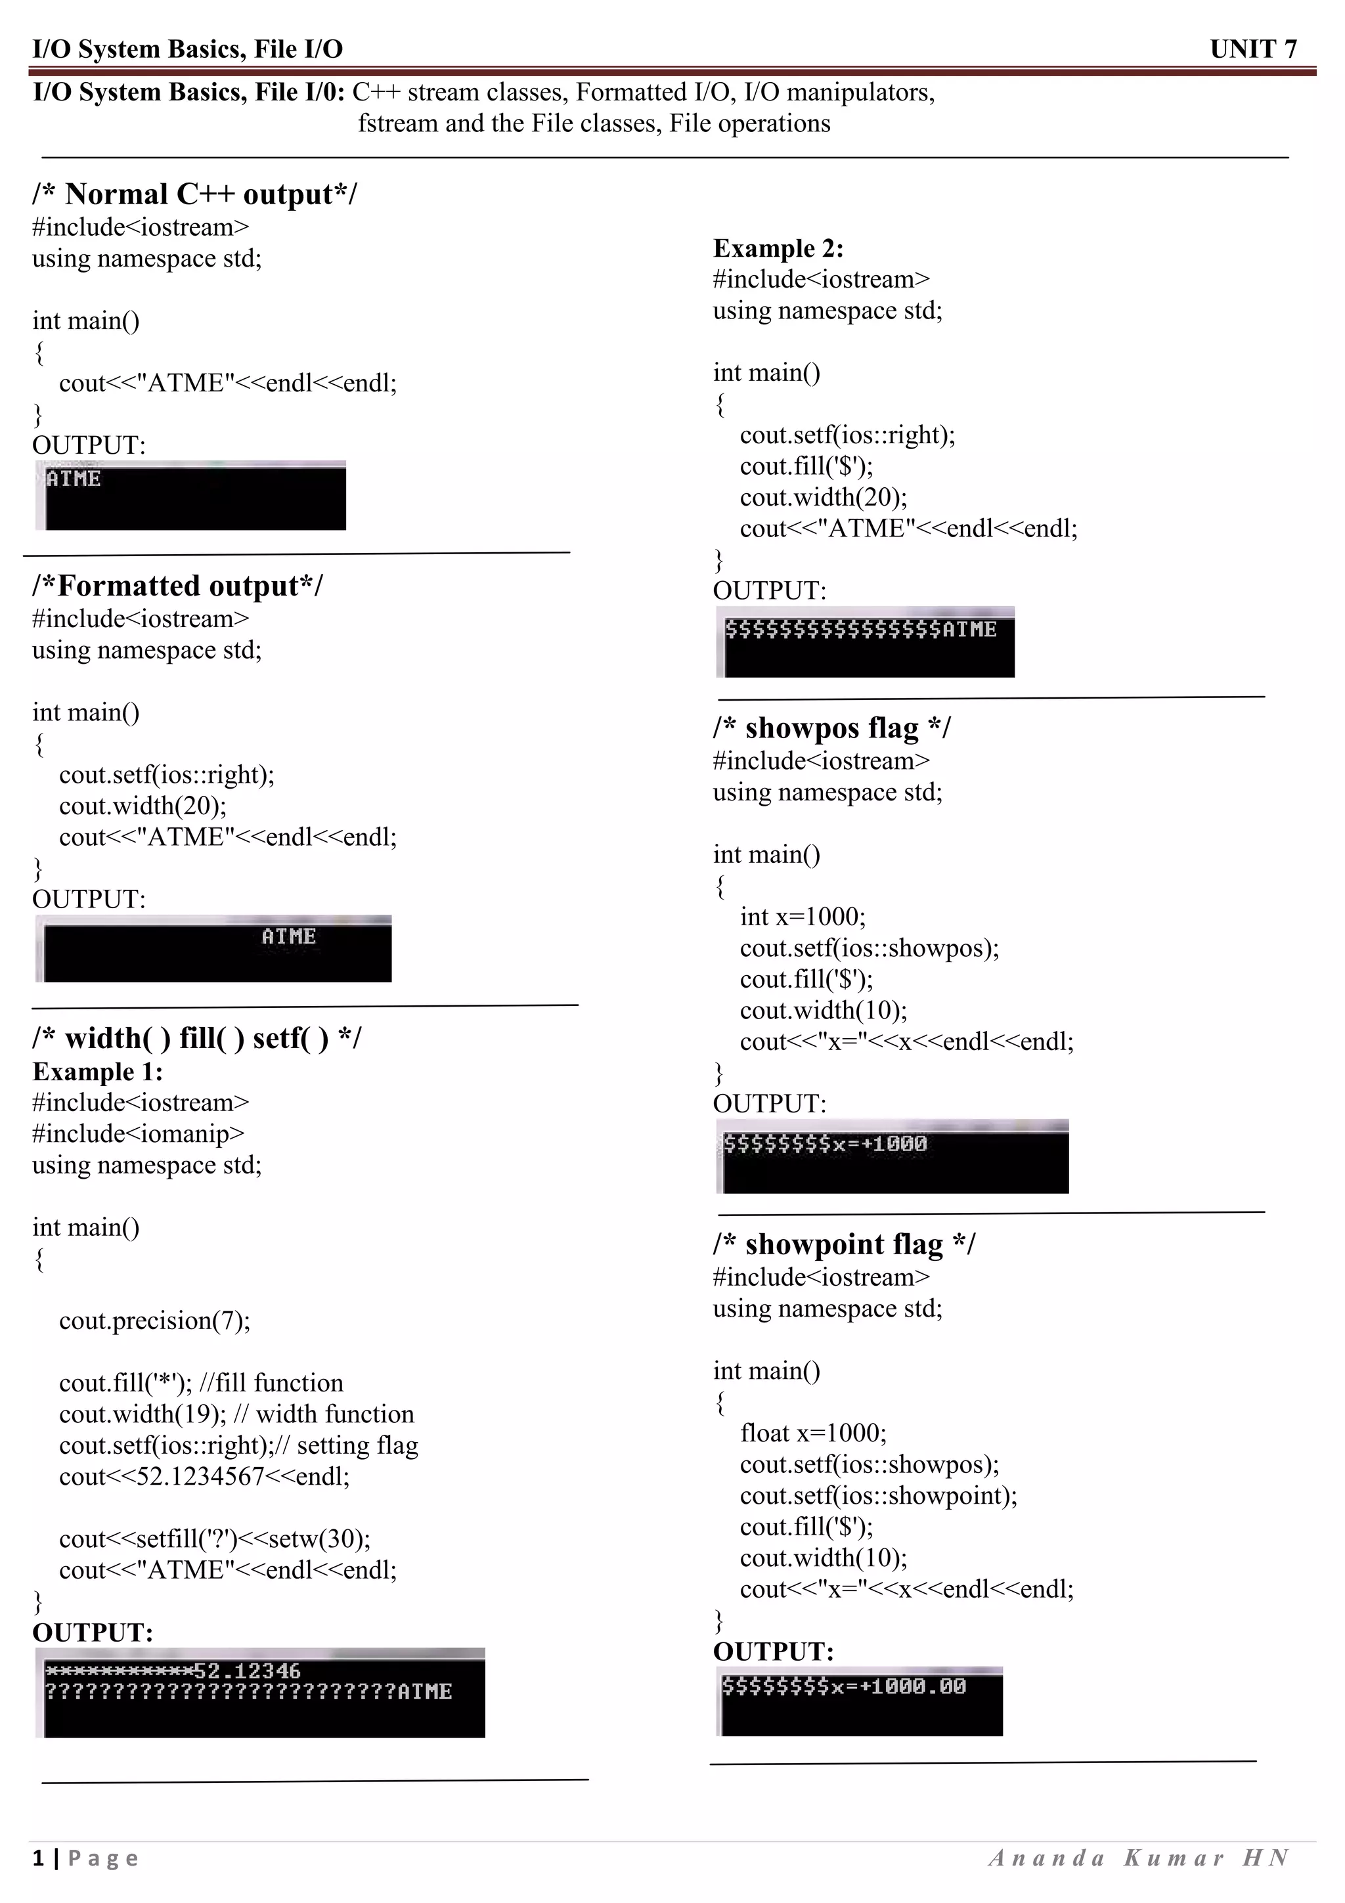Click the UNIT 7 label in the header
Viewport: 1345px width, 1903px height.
click(x=1252, y=49)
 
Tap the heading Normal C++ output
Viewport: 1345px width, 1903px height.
click(x=195, y=194)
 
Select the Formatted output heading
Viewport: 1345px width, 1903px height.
click(x=177, y=586)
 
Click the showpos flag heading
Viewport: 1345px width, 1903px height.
click(x=831, y=728)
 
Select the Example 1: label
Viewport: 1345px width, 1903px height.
click(x=98, y=1072)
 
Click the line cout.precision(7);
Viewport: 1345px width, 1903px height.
click(x=154, y=1321)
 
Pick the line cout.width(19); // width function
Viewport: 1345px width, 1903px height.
click(x=236, y=1414)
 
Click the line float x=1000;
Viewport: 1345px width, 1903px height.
click(x=813, y=1433)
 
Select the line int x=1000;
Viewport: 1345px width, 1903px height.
click(x=802, y=917)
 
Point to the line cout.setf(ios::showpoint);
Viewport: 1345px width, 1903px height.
click(x=879, y=1495)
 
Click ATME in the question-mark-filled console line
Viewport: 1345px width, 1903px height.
click(x=424, y=1692)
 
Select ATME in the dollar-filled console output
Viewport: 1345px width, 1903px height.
click(x=969, y=630)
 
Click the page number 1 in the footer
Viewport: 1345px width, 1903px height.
click(x=38, y=1858)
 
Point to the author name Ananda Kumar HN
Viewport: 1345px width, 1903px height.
click(x=1139, y=1858)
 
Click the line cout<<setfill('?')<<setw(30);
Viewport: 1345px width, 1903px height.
click(x=215, y=1539)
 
